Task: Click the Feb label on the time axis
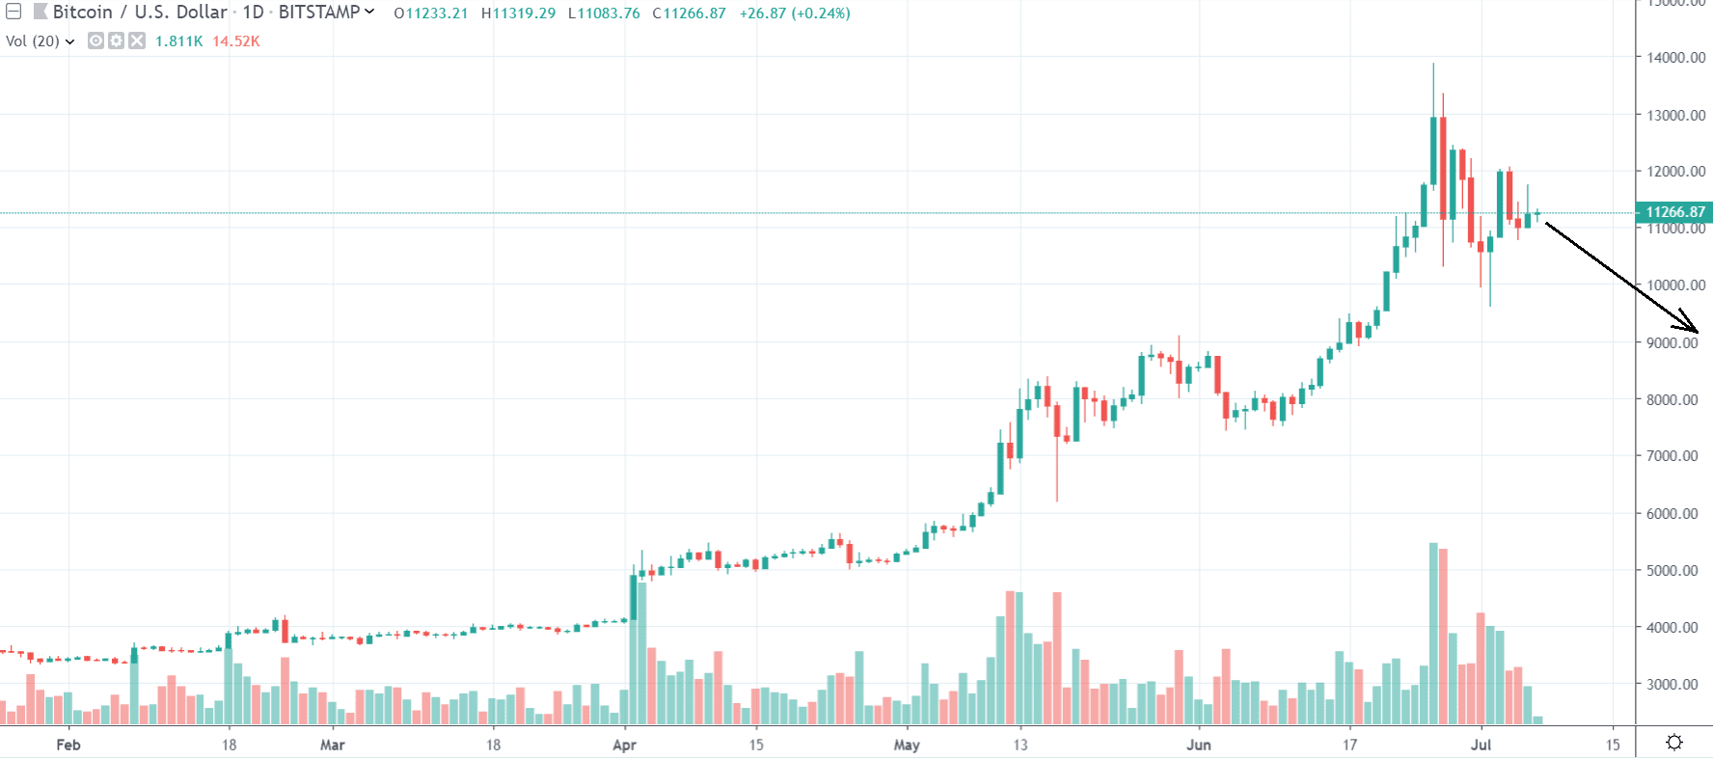click(x=68, y=745)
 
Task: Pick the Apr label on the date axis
click(x=624, y=745)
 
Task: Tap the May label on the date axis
click(x=907, y=745)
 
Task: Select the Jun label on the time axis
click(x=1198, y=745)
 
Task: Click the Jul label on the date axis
click(x=1481, y=745)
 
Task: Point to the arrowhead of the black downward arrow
click(x=1695, y=331)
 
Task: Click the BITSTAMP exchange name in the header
click(x=319, y=13)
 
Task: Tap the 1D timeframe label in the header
click(x=253, y=13)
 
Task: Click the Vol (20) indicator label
click(x=33, y=41)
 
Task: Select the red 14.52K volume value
click(x=236, y=41)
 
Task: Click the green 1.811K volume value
click(x=178, y=41)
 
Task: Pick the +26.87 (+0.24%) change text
click(x=795, y=14)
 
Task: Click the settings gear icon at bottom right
click(x=1674, y=742)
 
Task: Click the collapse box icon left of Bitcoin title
click(x=14, y=13)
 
